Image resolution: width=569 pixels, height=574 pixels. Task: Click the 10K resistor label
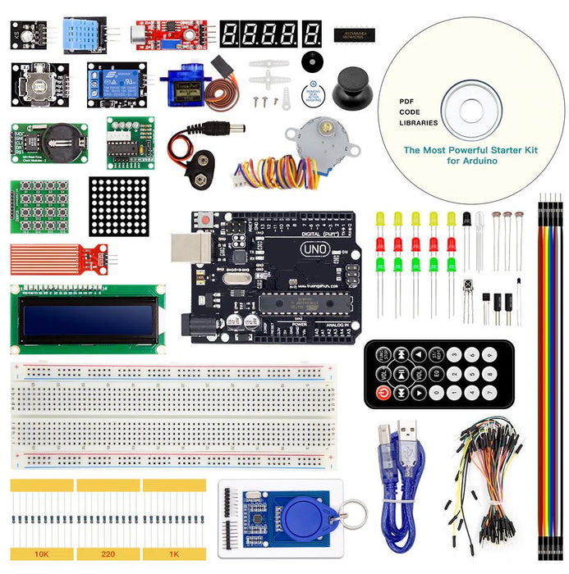(x=41, y=554)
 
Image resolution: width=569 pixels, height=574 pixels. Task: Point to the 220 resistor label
(x=108, y=554)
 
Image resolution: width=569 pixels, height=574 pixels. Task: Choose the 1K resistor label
(x=174, y=554)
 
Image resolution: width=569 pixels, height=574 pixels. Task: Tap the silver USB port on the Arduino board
(x=186, y=248)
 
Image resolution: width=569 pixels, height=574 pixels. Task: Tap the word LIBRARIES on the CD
(x=419, y=123)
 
